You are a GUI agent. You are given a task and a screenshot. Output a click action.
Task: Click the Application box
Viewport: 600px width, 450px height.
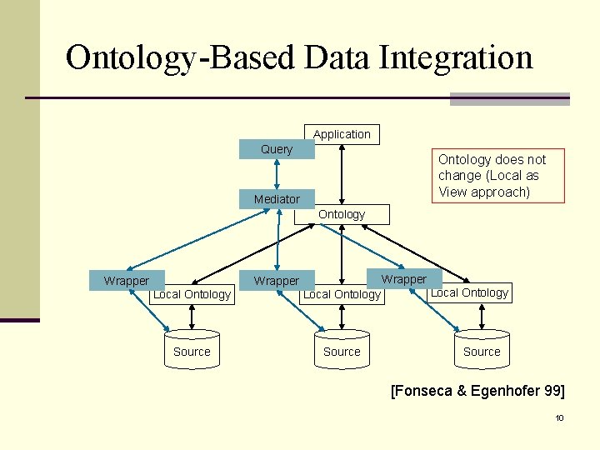pyautogui.click(x=342, y=134)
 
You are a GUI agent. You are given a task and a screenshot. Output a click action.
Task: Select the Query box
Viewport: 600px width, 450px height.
pyautogui.click(x=277, y=149)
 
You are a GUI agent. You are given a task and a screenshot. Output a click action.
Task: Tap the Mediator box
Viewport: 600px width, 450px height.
pyautogui.click(x=277, y=199)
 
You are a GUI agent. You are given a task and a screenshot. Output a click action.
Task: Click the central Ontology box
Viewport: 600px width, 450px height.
pyautogui.click(x=342, y=214)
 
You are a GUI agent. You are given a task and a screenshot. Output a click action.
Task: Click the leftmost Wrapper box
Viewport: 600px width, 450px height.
pyautogui.click(x=127, y=281)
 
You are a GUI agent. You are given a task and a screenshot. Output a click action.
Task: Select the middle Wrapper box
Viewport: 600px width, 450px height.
pyautogui.click(x=276, y=281)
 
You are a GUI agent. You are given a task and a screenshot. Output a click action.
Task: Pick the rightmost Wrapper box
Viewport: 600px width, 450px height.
pyautogui.click(x=404, y=279)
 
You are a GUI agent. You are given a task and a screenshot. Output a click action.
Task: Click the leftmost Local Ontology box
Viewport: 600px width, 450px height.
pyautogui.click(x=192, y=294)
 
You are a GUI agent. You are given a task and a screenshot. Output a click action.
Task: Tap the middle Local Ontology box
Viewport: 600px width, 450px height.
pyautogui.click(x=342, y=294)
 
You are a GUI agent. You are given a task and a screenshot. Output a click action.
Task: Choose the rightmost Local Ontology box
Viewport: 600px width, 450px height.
pyautogui.click(x=469, y=292)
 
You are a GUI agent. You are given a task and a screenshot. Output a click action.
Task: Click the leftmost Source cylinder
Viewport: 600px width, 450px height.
pyautogui.click(x=192, y=351)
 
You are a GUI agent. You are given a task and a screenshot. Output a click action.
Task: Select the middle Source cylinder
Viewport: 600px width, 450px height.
pyautogui.click(x=342, y=351)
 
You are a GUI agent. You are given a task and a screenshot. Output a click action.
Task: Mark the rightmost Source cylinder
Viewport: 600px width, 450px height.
pyautogui.click(x=482, y=351)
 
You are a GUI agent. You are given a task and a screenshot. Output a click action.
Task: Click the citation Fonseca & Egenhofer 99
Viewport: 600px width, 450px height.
pyautogui.click(x=477, y=391)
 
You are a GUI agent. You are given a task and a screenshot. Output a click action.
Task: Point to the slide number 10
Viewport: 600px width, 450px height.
pyautogui.click(x=559, y=417)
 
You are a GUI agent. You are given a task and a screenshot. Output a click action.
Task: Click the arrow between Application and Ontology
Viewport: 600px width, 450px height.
pyautogui.click(x=342, y=174)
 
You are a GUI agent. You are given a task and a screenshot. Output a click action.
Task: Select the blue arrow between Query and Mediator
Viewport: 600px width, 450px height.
pyautogui.click(x=277, y=174)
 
